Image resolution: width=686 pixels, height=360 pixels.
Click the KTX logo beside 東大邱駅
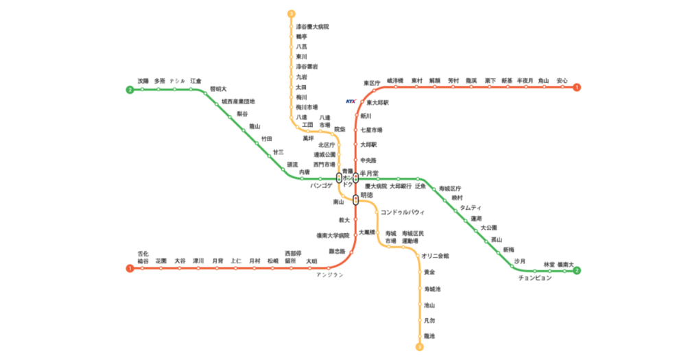coord(351,101)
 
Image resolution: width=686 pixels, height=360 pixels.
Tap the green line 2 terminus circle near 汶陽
coord(129,90)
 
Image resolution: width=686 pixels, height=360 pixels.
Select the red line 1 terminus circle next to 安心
coord(577,87)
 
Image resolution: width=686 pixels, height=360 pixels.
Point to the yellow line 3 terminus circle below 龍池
coord(420,347)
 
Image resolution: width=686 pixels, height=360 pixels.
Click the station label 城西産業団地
coord(238,101)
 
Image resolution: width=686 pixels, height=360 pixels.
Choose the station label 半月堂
coord(370,173)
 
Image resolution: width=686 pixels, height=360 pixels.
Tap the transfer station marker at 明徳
coord(355,200)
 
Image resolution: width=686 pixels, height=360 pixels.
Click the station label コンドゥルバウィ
coord(403,212)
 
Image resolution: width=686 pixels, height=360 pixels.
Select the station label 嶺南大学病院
coord(333,235)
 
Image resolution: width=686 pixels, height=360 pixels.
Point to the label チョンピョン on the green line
coord(535,278)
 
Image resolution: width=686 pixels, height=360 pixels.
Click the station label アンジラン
coord(329,275)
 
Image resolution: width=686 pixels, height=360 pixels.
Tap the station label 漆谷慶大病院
coord(313,27)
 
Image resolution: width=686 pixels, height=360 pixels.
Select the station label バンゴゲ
coord(321,185)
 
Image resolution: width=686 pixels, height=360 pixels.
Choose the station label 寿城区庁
coord(451,188)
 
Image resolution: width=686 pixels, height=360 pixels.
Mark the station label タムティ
coord(471,208)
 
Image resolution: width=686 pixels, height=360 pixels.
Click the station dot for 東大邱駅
coord(361,102)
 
